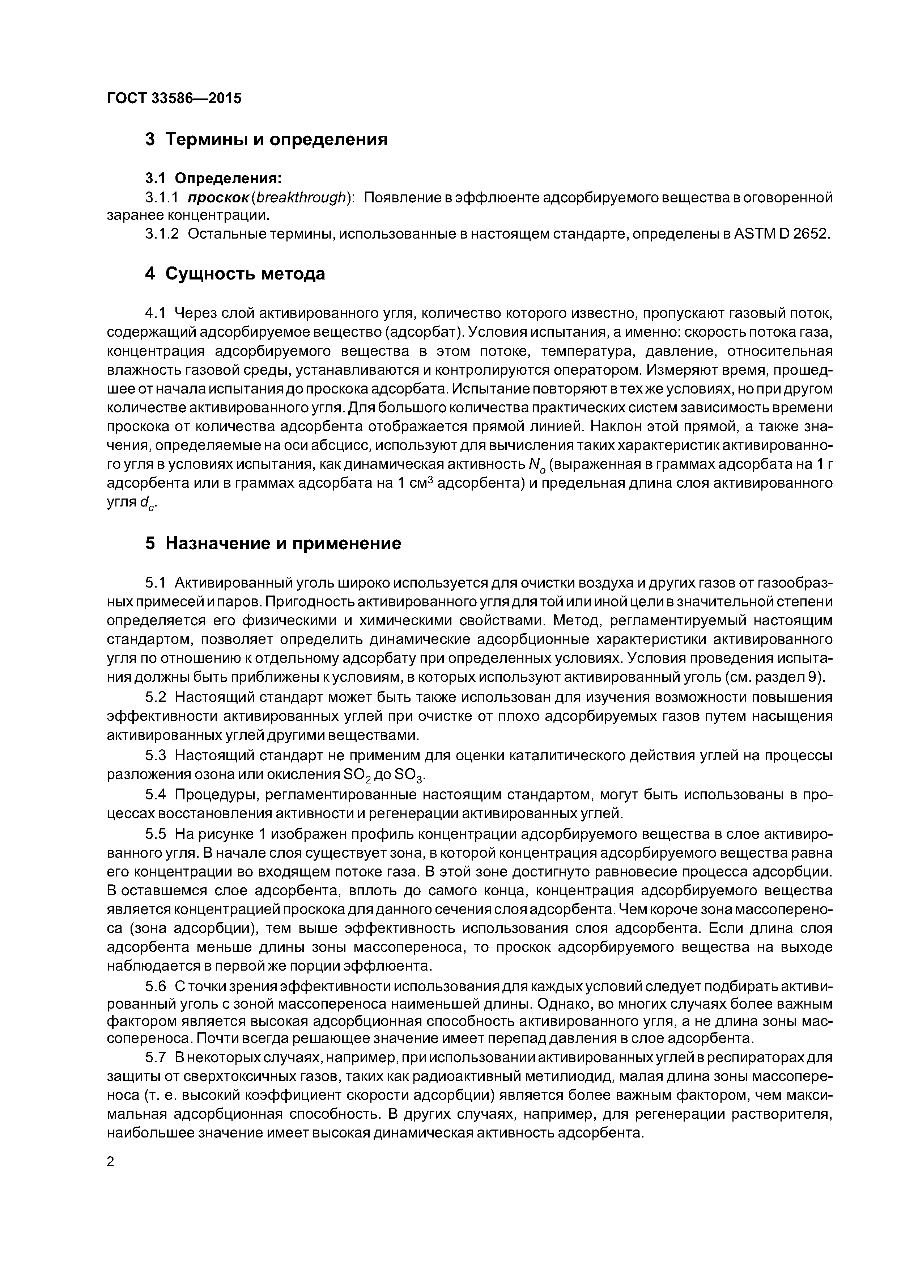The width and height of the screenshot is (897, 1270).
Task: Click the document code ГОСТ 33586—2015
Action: tap(174, 98)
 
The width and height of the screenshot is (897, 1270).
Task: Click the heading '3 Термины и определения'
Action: tap(267, 139)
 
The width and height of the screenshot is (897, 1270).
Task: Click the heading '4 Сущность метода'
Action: tap(235, 274)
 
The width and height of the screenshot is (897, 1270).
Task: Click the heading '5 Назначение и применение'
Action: tap(273, 544)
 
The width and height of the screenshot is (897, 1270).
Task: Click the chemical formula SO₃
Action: tap(411, 774)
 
